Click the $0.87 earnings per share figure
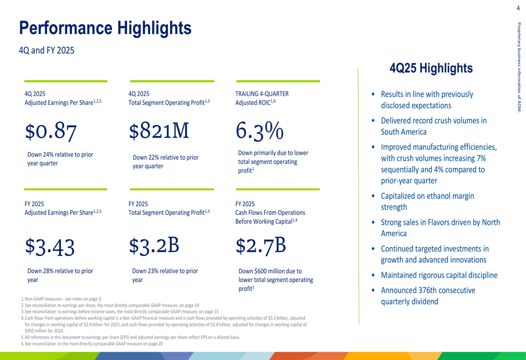pos(52,131)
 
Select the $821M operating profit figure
pos(158,131)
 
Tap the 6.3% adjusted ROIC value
pos(258,131)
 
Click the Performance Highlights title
pos(105,27)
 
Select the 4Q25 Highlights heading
pos(431,68)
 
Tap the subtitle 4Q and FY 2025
pos(46,51)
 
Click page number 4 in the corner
pos(518,7)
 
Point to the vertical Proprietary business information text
pos(519,67)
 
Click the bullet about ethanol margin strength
pos(427,202)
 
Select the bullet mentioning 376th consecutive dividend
pos(428,296)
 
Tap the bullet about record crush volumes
pos(433,126)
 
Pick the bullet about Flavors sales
pos(440,228)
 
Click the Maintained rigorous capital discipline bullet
pos(439,275)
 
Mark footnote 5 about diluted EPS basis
pos(129,337)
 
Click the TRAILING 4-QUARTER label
pos(262,94)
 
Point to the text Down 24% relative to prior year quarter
pos(60,159)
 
